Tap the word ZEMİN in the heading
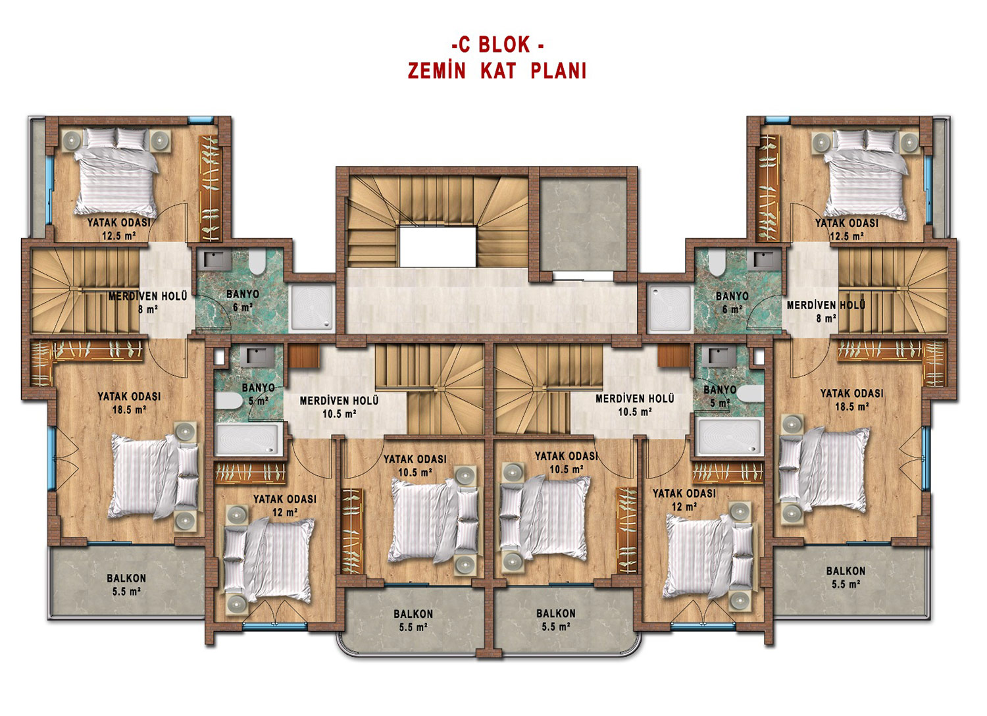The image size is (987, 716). (x=436, y=70)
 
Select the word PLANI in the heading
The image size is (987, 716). (x=558, y=70)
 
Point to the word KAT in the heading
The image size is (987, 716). (x=498, y=70)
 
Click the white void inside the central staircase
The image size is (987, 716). (x=438, y=246)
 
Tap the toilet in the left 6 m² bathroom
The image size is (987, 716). (x=257, y=262)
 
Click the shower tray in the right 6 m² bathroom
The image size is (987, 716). (x=670, y=307)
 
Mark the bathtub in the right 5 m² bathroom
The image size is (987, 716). (x=729, y=437)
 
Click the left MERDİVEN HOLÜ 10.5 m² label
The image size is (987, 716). (x=340, y=407)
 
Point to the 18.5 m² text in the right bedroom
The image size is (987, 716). (x=852, y=406)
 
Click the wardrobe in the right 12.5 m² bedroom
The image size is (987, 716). (x=768, y=188)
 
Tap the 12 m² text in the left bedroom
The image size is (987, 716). (x=285, y=513)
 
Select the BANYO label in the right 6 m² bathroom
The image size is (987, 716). (x=732, y=296)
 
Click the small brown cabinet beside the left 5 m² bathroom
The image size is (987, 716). (x=304, y=355)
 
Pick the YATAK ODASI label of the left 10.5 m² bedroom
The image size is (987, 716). (x=415, y=459)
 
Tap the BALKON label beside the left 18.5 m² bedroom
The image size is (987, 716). (x=126, y=578)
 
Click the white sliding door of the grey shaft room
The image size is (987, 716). (x=583, y=276)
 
